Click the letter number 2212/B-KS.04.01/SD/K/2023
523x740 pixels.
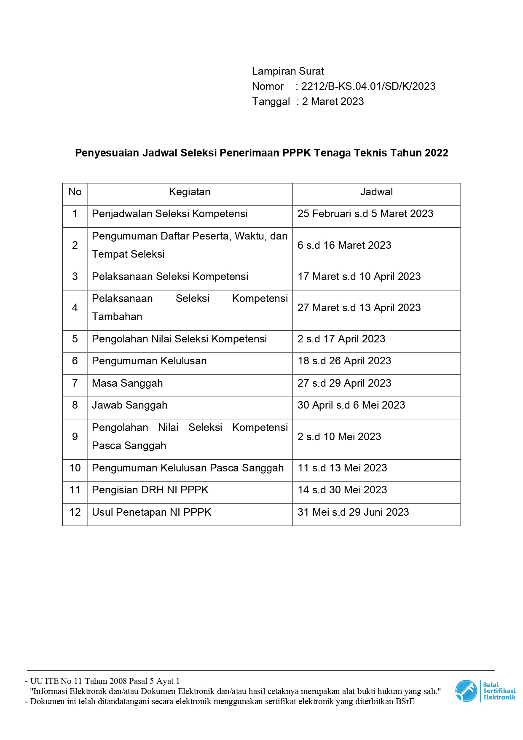coord(368,86)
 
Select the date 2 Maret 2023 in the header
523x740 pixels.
coord(333,102)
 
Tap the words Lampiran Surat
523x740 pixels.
coord(288,71)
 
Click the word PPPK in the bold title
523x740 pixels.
coord(296,153)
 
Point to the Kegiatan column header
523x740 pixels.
coord(190,192)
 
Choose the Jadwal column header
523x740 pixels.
coord(376,192)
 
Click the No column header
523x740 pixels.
coord(75,192)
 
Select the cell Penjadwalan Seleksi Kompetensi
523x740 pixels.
coord(169,214)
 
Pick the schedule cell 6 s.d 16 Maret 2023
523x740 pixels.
coord(344,245)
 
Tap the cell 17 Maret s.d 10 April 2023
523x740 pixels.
coord(359,277)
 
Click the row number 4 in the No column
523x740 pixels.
coord(75,308)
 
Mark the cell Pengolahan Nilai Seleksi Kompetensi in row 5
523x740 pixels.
coord(179,339)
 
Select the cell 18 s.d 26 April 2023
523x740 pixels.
coord(344,361)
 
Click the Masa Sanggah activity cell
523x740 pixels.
coord(127,383)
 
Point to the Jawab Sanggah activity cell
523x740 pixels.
coord(129,405)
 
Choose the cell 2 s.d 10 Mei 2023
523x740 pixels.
coord(339,437)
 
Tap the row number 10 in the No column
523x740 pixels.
coord(75,468)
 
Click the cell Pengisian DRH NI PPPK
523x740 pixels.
coord(150,490)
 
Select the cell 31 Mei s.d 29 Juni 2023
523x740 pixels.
coord(353,512)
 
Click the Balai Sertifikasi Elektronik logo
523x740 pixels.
coord(485,691)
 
